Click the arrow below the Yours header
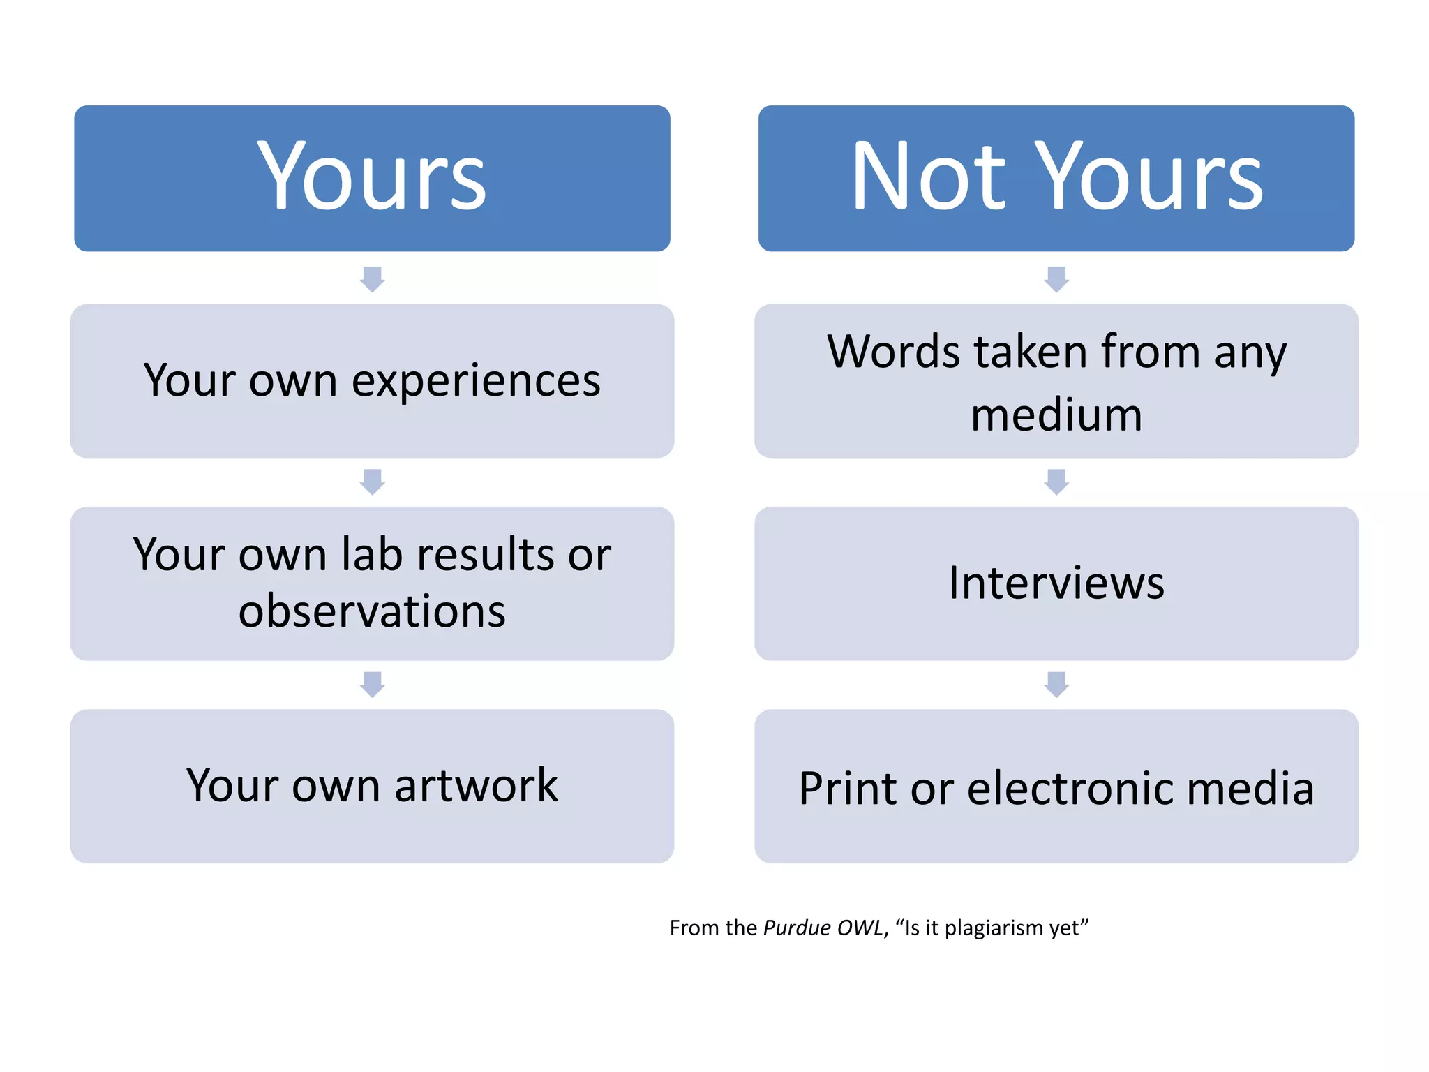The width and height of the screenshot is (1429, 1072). (x=372, y=278)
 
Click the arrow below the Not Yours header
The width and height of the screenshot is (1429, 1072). (x=1056, y=278)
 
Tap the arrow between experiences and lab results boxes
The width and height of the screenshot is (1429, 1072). (x=372, y=482)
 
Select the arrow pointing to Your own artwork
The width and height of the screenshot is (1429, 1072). (x=372, y=684)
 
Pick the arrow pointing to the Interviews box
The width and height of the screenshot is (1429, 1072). (x=1056, y=482)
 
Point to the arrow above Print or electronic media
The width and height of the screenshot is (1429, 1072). (x=1056, y=684)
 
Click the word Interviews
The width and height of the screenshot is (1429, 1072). (x=1056, y=583)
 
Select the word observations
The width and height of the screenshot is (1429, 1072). (x=372, y=611)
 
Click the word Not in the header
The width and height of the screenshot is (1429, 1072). (x=929, y=176)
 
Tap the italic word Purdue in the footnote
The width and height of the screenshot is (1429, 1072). (x=796, y=928)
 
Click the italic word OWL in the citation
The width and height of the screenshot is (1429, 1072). (x=861, y=928)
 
